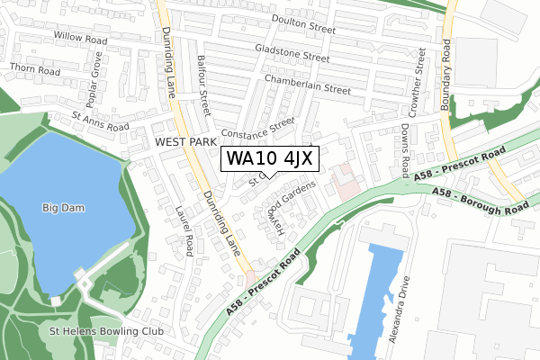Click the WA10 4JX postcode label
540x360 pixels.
coord(269,159)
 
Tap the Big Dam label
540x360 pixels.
coord(62,208)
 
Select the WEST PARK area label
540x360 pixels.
coord(185,142)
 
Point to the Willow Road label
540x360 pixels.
coord(80,40)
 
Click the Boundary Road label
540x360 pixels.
coord(446,54)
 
